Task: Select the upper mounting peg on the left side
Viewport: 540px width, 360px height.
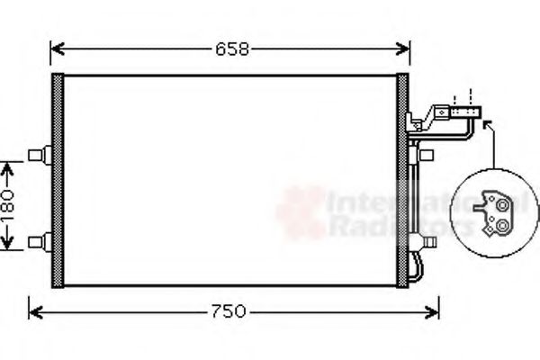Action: click(37, 156)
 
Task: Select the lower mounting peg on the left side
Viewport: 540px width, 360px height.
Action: click(37, 240)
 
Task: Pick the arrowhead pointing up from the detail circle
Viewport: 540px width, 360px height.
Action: click(487, 125)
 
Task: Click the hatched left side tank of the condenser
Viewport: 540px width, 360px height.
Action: click(59, 180)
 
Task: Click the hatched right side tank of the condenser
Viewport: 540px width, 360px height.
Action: click(402, 180)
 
